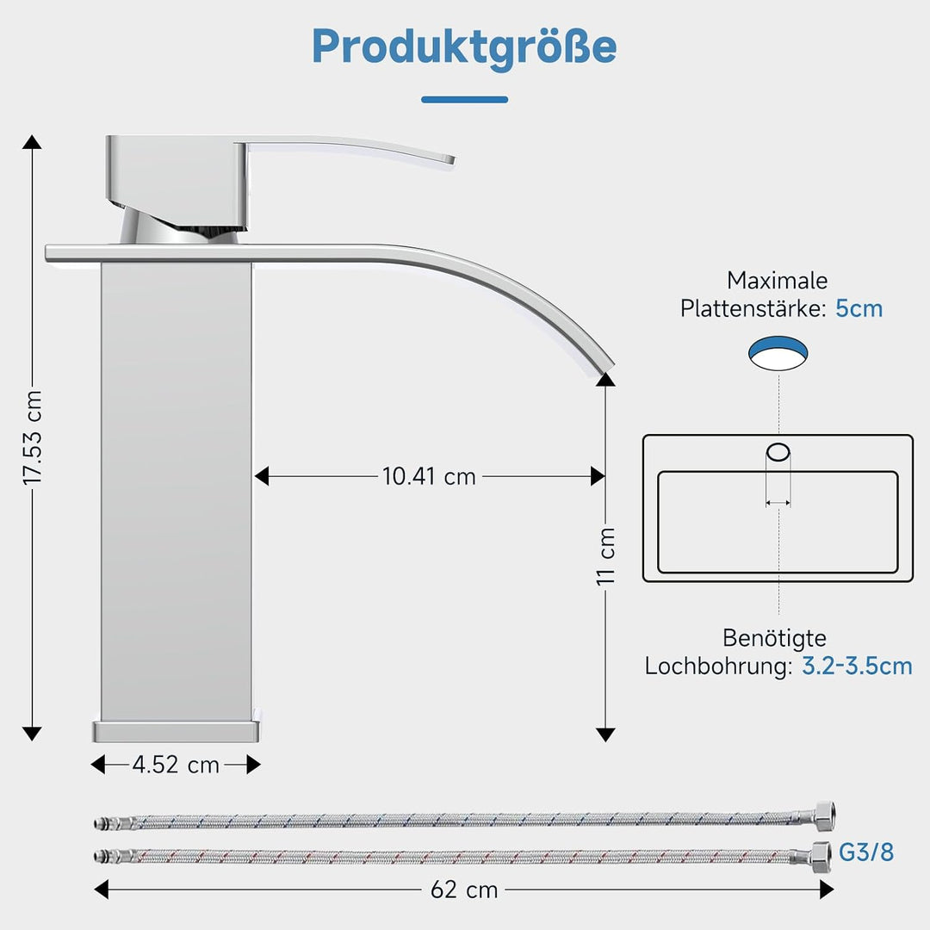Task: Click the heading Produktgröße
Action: click(464, 48)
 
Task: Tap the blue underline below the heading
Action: click(464, 100)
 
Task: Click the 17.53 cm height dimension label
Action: click(33, 437)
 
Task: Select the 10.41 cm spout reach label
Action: click(429, 476)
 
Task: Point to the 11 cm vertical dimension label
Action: click(606, 556)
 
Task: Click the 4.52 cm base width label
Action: click(176, 765)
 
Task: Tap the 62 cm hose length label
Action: click(464, 890)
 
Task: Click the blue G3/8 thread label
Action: click(866, 852)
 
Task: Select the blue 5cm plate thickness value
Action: click(859, 308)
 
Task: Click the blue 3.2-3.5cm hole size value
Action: click(857, 666)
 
